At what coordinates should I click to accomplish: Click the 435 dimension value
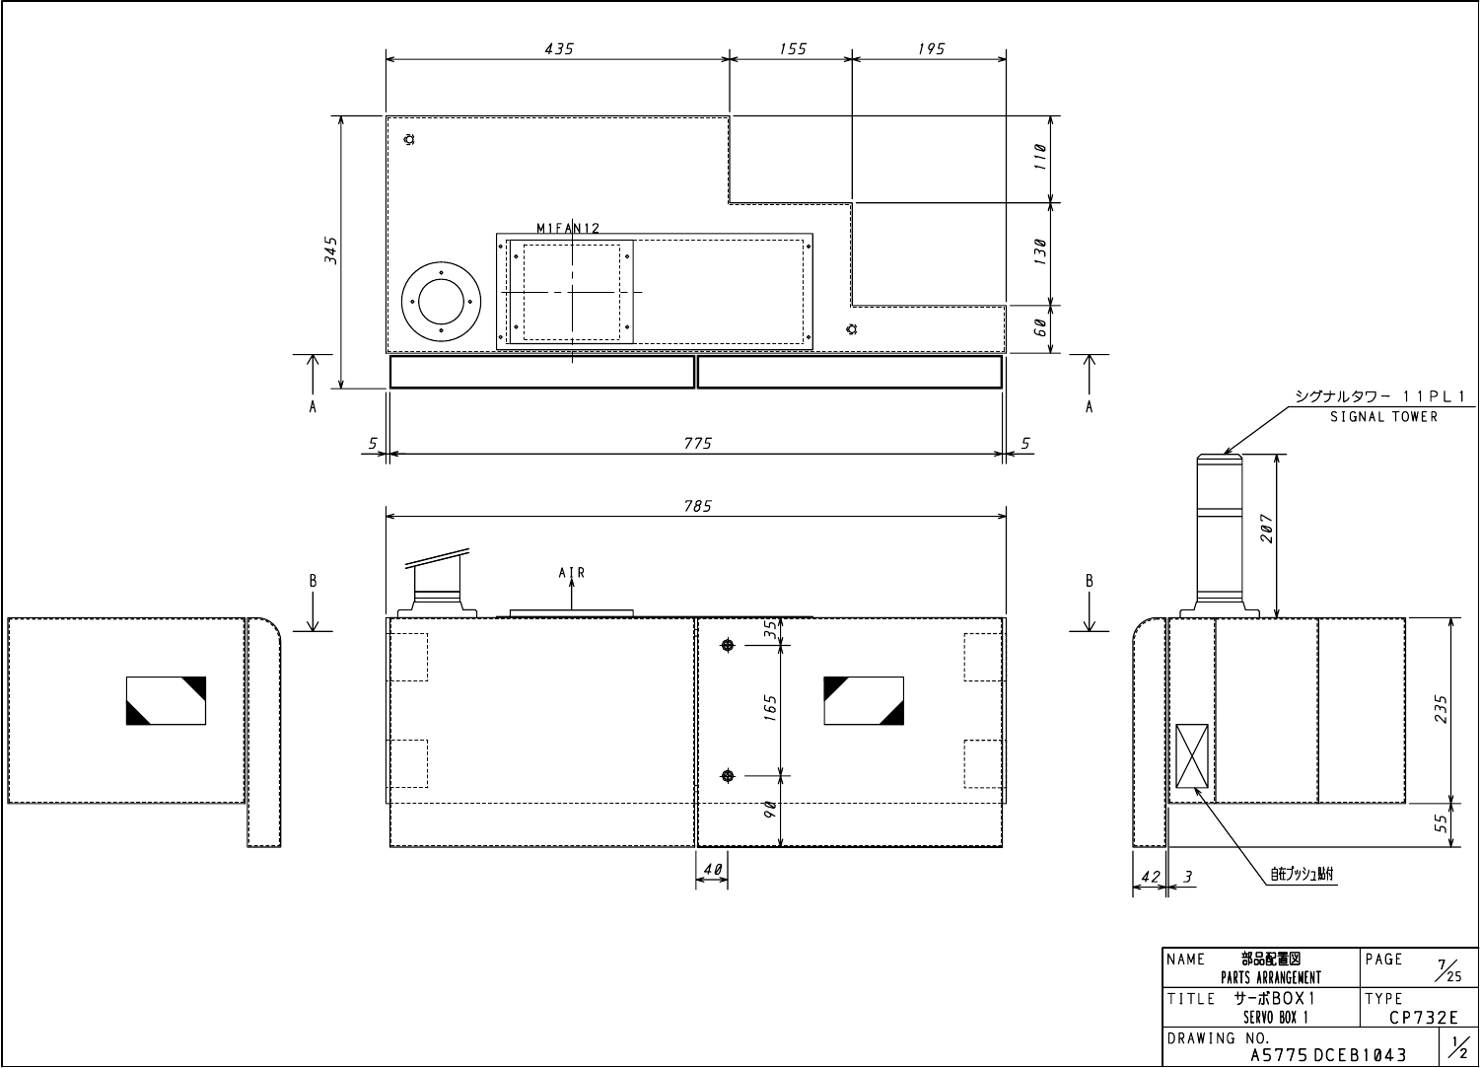pos(559,49)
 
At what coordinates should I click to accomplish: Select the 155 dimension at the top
pos(792,49)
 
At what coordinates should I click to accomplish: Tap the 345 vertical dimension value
pos(331,250)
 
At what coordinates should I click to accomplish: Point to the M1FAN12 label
pos(568,228)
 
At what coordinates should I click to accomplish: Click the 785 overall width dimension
pos(698,506)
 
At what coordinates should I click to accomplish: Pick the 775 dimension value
pos(698,444)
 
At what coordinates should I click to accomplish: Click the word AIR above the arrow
pos(572,572)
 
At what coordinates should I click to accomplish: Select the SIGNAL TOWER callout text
pos(1383,416)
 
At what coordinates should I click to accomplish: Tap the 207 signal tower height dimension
pos(1267,529)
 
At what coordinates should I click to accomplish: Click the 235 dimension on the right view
pos(1442,709)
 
